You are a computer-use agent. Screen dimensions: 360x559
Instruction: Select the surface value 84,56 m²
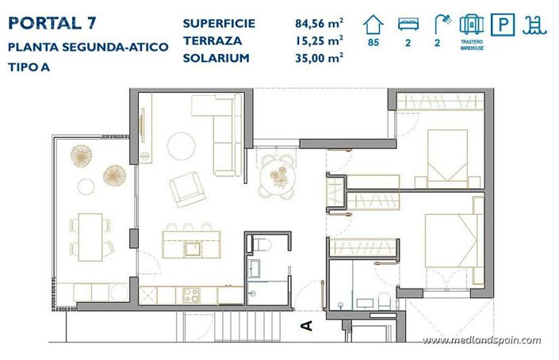[315, 23]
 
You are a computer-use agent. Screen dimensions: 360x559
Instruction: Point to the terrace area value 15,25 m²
[315, 40]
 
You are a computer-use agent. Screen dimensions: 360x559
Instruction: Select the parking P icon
[501, 25]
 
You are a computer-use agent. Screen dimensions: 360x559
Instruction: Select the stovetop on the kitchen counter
[192, 295]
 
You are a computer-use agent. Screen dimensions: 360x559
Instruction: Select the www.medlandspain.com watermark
[481, 340]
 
